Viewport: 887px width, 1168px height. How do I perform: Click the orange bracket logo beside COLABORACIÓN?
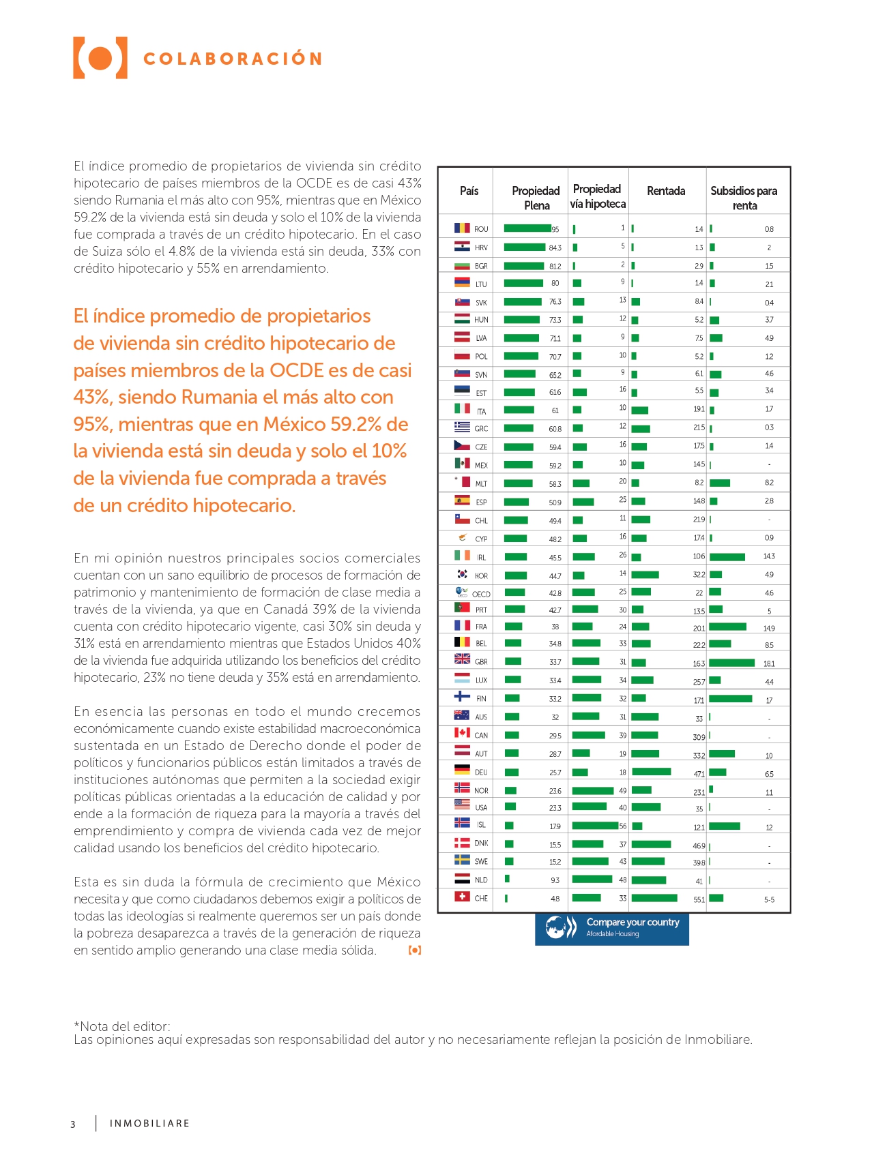tap(100, 58)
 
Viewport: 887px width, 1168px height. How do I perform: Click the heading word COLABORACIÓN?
tap(233, 59)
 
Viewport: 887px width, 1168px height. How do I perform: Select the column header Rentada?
tap(666, 191)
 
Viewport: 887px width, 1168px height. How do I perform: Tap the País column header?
tap(469, 191)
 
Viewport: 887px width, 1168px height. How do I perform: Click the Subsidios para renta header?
tap(744, 198)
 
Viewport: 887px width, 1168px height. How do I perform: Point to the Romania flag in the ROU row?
tap(462, 228)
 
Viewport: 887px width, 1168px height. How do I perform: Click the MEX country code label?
tap(481, 466)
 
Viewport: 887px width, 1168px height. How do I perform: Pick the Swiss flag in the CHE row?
tap(462, 897)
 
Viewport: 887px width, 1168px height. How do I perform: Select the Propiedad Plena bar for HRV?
tap(525, 248)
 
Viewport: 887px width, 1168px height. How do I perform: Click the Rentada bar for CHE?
tap(654, 898)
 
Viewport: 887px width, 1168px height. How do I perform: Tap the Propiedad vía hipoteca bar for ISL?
tap(595, 826)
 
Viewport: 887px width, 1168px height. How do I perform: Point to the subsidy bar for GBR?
tap(732, 663)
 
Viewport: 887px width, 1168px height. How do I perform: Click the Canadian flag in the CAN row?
tap(462, 732)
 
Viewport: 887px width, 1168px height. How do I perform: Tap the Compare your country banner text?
tap(633, 922)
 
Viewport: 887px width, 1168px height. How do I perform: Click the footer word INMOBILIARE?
tap(149, 1124)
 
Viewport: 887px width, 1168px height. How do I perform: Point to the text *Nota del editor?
tap(122, 1026)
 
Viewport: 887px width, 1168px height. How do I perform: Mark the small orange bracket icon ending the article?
tap(415, 950)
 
